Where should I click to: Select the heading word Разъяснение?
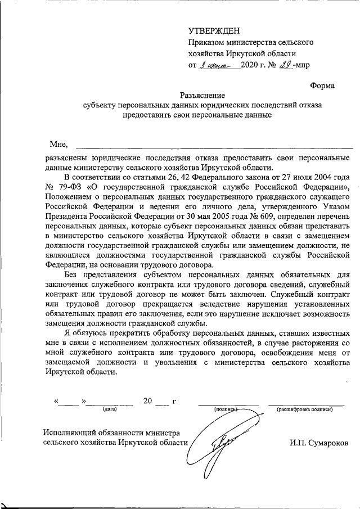[202, 95]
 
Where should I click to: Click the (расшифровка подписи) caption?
[305, 409]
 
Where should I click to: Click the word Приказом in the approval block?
[207, 42]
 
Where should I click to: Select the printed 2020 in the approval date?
[251, 66]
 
